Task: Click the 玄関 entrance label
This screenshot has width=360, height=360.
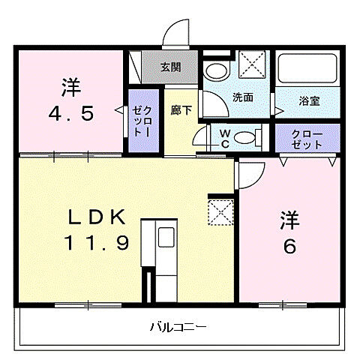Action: point(170,67)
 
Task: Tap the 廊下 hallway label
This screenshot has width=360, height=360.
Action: point(181,109)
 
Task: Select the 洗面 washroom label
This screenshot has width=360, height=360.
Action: point(241,97)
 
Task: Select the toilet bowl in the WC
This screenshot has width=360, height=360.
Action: point(244,138)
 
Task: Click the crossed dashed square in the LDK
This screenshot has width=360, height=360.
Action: point(221,211)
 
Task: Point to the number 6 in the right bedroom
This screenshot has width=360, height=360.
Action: point(289,246)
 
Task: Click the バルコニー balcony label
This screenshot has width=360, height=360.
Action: point(178,327)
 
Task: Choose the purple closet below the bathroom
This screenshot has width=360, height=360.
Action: point(307,138)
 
